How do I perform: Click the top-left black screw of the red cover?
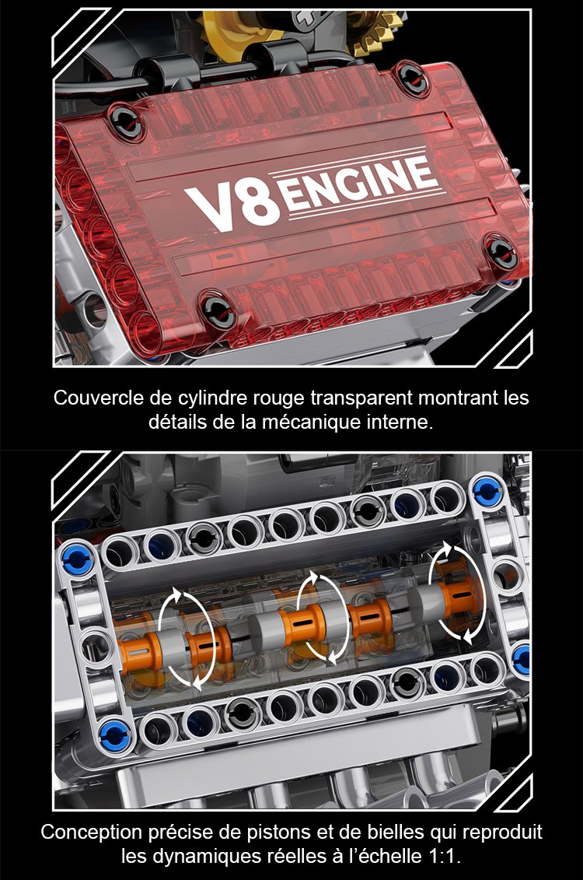click(125, 120)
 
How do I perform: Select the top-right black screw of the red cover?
click(413, 78)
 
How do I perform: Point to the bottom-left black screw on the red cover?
click(218, 308)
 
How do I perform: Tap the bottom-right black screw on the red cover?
click(501, 252)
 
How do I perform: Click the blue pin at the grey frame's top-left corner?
click(75, 559)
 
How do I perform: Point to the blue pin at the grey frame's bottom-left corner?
click(116, 736)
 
